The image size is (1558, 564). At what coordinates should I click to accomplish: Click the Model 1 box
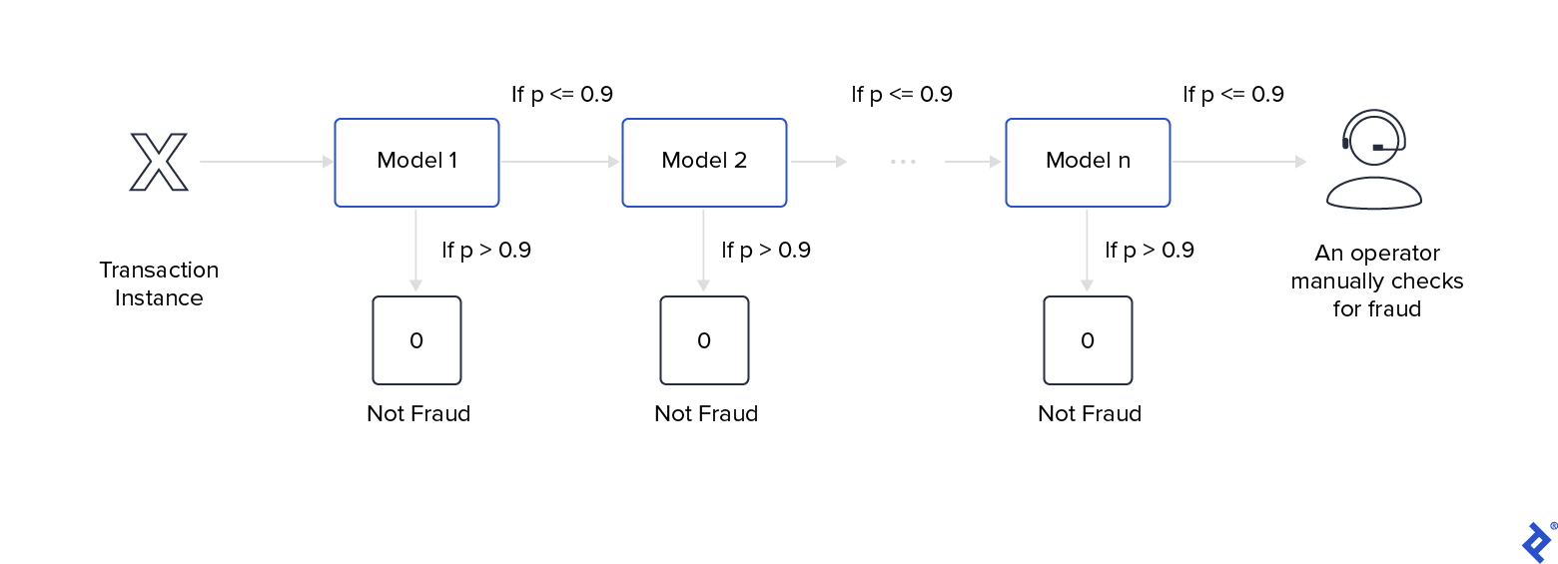[416, 163]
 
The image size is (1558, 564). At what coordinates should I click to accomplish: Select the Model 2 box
[704, 163]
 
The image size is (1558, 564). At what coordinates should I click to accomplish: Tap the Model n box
[1088, 163]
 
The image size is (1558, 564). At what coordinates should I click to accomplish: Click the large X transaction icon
[159, 162]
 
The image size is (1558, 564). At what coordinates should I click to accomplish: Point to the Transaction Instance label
[159, 284]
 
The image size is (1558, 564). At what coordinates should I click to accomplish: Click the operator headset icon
[1373, 160]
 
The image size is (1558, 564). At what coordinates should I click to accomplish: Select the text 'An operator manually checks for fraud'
[1376, 282]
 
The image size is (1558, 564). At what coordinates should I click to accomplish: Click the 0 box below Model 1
[416, 340]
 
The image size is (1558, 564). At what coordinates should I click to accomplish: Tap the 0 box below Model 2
[704, 340]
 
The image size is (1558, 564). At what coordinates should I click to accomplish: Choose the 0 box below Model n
[1088, 340]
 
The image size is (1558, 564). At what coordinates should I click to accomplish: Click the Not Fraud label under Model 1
[418, 414]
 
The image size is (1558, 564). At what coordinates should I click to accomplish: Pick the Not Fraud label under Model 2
[706, 414]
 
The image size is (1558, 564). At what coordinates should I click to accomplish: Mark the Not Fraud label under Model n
[1090, 414]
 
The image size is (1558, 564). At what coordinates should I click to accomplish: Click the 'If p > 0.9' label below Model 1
[486, 250]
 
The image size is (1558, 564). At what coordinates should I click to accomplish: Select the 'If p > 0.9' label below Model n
[1150, 250]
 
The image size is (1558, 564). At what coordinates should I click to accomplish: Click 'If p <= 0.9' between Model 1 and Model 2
[562, 95]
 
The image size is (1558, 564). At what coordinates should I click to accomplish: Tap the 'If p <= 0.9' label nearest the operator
[1233, 95]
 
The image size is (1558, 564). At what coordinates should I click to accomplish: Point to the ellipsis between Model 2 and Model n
[903, 162]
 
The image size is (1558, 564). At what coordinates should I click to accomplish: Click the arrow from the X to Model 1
[266, 162]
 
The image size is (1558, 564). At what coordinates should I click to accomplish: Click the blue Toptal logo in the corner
[1535, 542]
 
